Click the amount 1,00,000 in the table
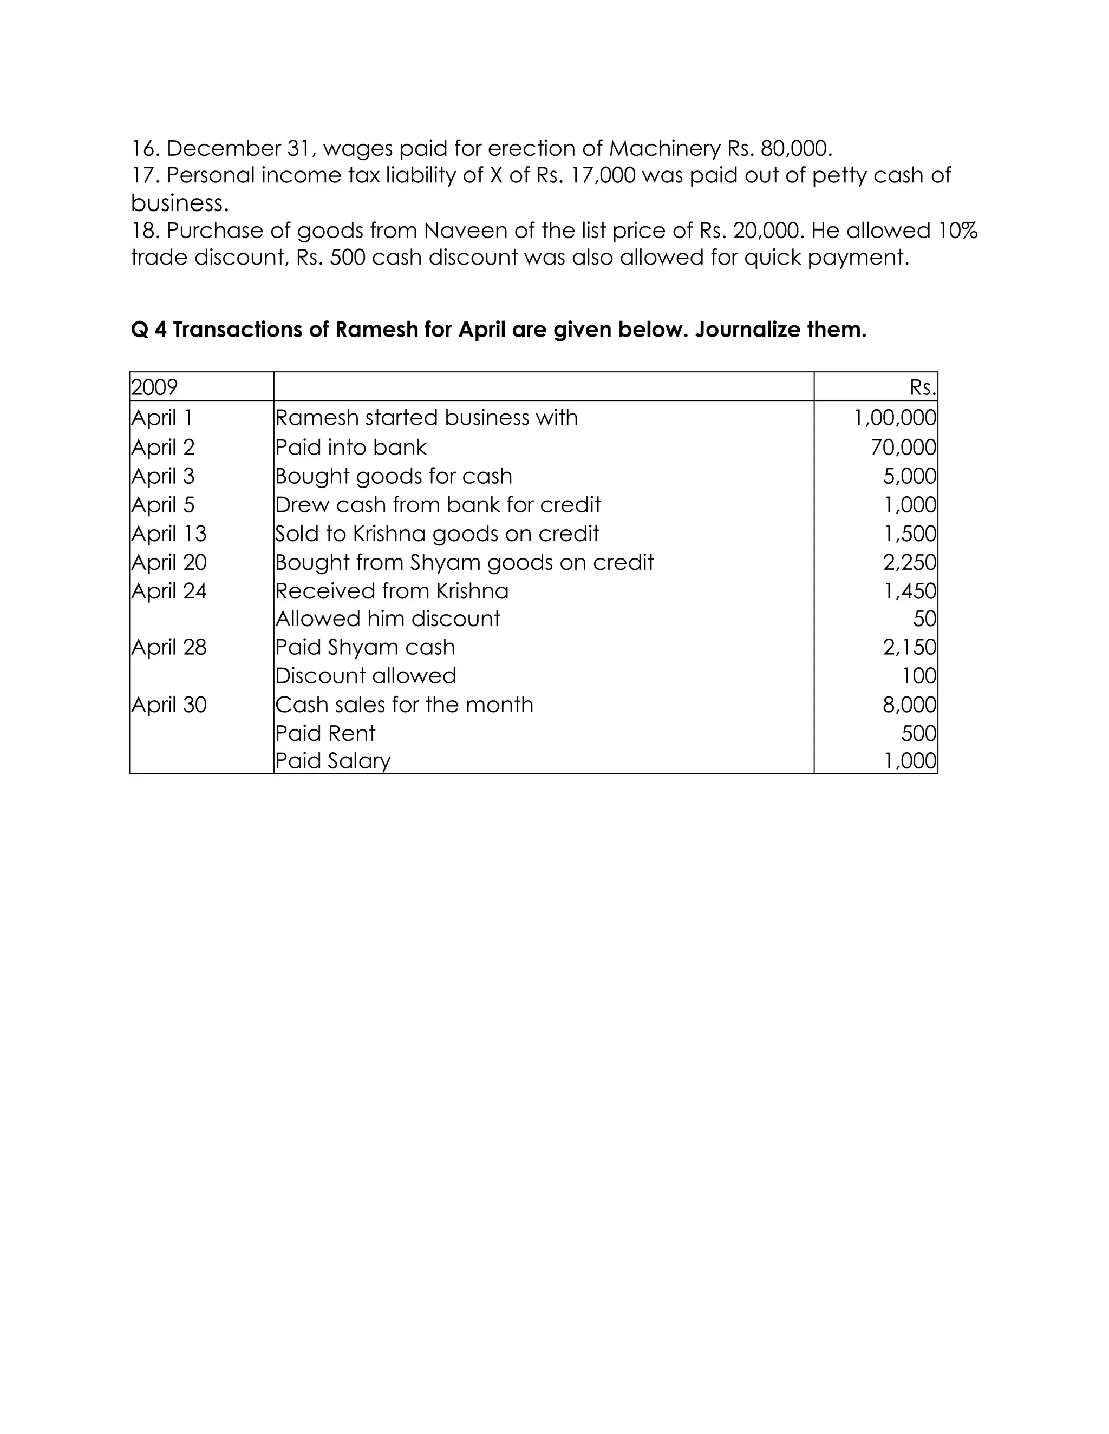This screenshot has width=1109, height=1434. tap(894, 418)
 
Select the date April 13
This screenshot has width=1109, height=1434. tap(169, 533)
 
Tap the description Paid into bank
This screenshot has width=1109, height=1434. tap(350, 447)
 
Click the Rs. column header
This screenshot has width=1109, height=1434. tap(922, 387)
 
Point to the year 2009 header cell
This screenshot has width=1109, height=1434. tap(154, 387)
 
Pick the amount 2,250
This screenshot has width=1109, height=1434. tap(909, 562)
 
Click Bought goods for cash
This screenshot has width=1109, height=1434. tap(393, 476)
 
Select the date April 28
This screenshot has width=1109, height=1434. tap(169, 647)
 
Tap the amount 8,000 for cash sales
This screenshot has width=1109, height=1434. tap(909, 705)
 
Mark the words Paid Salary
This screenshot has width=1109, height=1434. tap(332, 761)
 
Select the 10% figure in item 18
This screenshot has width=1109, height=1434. tap(958, 231)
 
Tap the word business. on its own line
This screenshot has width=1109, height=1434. tap(179, 203)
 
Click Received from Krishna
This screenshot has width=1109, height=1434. tap(392, 591)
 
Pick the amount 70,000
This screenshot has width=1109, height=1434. tap(903, 447)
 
